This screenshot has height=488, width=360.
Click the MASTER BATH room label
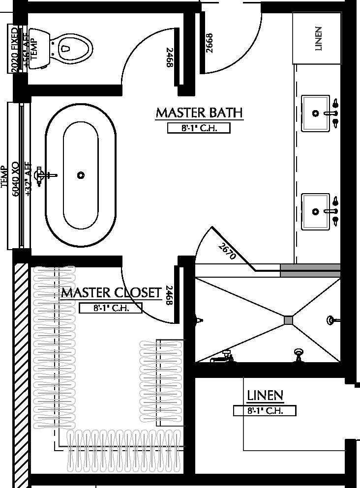click(x=199, y=113)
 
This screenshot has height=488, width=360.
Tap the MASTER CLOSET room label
click(x=111, y=293)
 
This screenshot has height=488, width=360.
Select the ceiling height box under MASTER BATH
click(x=199, y=128)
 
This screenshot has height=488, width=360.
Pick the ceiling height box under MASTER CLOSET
click(x=111, y=309)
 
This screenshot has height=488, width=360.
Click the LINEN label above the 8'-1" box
click(x=265, y=395)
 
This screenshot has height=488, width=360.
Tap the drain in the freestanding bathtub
click(x=81, y=175)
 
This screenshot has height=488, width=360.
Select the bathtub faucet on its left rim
click(x=46, y=174)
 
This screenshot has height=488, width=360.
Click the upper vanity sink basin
click(x=315, y=114)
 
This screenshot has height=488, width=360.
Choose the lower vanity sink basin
click(x=315, y=211)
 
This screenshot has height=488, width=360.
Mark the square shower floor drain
click(x=288, y=320)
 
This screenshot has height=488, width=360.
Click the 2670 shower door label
click(x=228, y=252)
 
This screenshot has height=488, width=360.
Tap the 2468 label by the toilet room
click(x=170, y=58)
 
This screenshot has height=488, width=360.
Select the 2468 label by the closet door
click(x=170, y=296)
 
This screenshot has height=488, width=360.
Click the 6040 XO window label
click(x=15, y=178)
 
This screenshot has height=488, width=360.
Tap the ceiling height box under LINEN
click(x=265, y=411)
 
